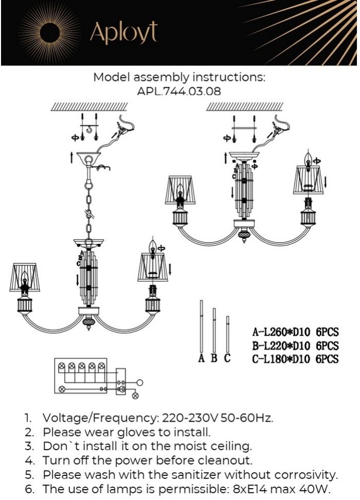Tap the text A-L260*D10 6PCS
tap(296, 332)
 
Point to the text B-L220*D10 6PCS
tap(296, 345)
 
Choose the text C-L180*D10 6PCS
tap(296, 359)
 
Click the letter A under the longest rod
tap(201, 358)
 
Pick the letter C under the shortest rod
tap(227, 358)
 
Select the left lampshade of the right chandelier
tap(180, 190)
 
